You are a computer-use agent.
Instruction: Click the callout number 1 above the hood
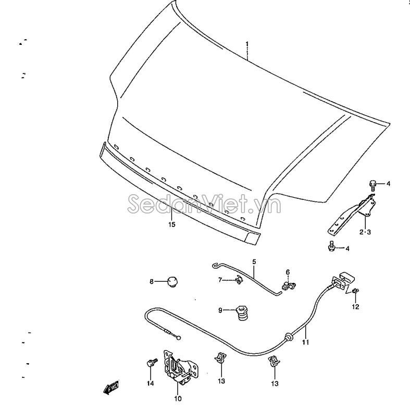click(x=247, y=44)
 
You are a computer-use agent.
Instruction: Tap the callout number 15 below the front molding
click(x=172, y=224)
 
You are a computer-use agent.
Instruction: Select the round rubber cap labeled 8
click(x=172, y=282)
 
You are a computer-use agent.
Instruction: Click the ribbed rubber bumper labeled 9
click(x=242, y=313)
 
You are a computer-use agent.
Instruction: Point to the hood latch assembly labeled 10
click(x=180, y=366)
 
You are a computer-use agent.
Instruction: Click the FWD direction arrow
click(x=111, y=387)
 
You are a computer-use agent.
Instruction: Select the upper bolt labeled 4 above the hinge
click(x=372, y=185)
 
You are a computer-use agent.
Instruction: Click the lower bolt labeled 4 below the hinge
click(x=331, y=246)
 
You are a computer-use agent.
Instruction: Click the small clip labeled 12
click(x=355, y=291)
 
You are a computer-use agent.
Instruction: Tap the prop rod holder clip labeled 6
click(x=289, y=286)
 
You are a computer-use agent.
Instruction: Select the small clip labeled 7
click(x=239, y=280)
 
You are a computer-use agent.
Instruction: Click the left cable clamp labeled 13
click(x=220, y=358)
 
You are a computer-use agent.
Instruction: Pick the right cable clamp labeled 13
click(x=274, y=361)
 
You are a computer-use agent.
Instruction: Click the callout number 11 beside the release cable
click(x=305, y=342)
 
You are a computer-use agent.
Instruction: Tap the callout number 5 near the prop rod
click(x=254, y=261)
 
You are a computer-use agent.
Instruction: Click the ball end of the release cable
click(x=179, y=338)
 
